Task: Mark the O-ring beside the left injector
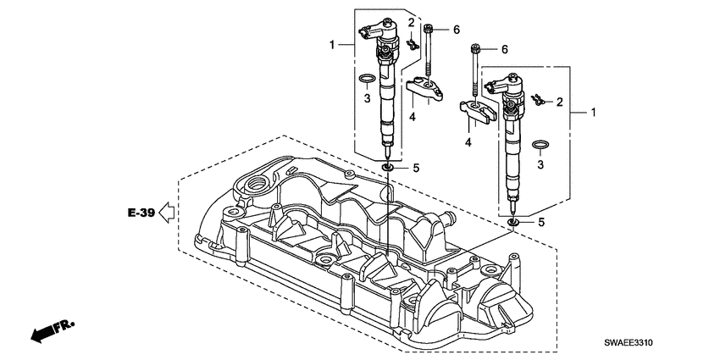pos(365,80)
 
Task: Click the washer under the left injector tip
pos(386,168)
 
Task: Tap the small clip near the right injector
pos(537,100)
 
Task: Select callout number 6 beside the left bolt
pos(456,30)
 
